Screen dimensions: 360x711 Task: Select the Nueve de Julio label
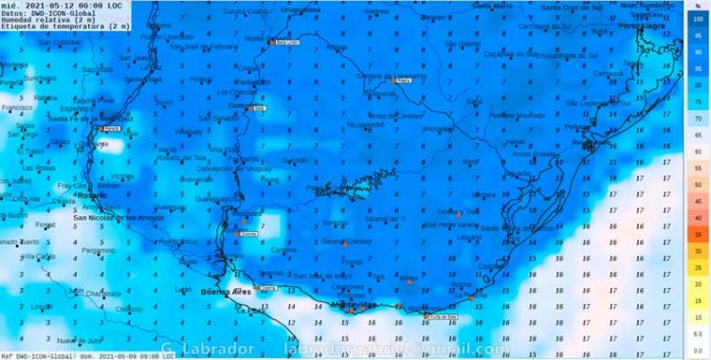[x=79, y=339]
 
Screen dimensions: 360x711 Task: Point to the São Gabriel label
[x=462, y=44]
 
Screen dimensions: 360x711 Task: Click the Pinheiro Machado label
[x=517, y=115]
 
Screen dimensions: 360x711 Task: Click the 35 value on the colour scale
[x=698, y=233]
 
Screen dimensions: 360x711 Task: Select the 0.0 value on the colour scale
[x=698, y=351]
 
